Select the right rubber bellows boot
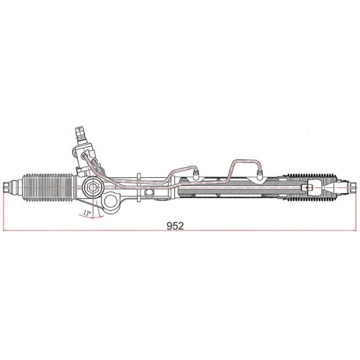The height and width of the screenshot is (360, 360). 311,189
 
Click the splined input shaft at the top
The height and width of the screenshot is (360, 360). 79,133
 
